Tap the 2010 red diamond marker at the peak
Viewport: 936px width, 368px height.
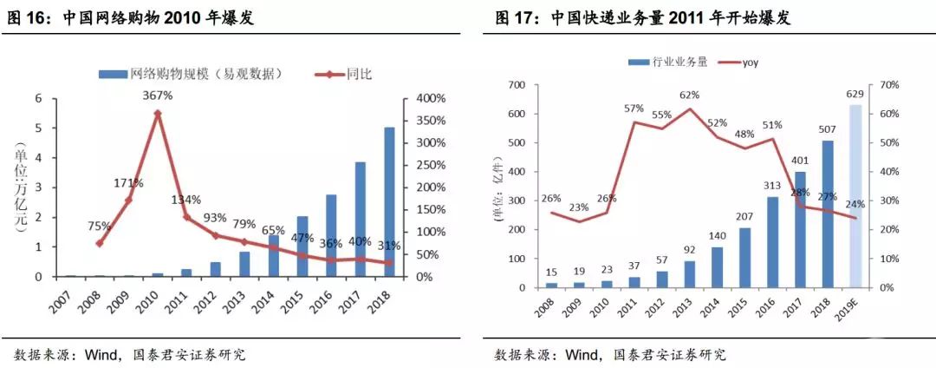click(157, 114)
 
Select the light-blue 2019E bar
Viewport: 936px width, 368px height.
click(856, 196)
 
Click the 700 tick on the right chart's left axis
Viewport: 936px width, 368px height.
click(518, 85)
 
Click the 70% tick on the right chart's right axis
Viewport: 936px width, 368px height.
click(897, 85)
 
